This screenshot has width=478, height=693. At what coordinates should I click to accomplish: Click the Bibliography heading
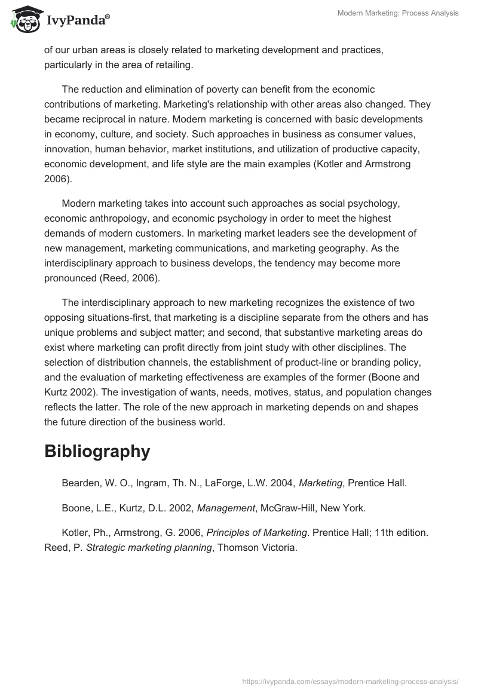(97, 452)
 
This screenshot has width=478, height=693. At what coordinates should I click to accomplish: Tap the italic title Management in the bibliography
(226, 508)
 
